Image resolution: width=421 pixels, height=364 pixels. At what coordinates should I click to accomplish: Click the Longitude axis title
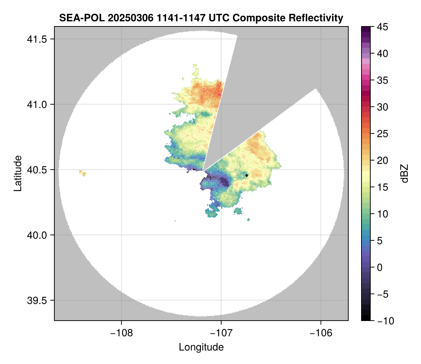(201, 347)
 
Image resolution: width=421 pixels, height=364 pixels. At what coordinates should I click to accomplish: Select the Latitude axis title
(18, 173)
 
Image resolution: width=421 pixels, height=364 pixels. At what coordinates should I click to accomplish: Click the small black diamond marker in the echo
(247, 175)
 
